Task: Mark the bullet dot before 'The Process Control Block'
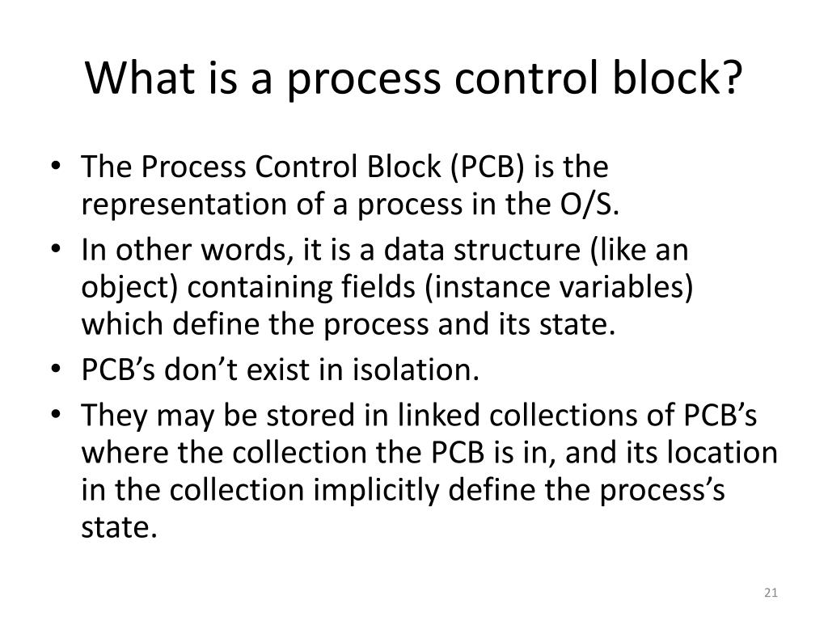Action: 63,169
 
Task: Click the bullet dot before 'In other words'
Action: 63,251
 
